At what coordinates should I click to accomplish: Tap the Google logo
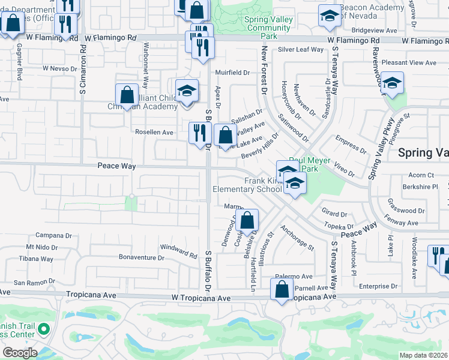[x=19, y=353]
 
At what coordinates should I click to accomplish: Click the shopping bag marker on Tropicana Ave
[x=282, y=290]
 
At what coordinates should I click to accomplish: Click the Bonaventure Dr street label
[x=141, y=257]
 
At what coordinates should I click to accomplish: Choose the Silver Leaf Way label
[x=301, y=50]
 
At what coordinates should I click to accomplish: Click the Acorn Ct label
[x=421, y=175]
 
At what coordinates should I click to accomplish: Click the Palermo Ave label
[x=294, y=277]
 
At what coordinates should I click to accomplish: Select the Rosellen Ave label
[x=154, y=132]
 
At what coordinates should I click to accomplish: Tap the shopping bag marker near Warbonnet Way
[x=127, y=95]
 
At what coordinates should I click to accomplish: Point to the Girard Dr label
[x=334, y=214]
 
